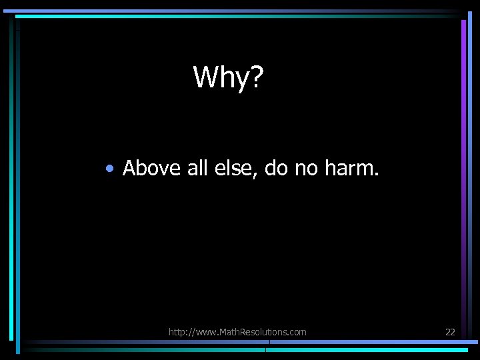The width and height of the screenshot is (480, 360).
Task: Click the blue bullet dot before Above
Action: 109,169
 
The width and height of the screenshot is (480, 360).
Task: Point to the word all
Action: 197,168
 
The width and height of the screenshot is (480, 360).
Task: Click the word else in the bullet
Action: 235,168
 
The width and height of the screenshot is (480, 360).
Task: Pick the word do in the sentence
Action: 275,168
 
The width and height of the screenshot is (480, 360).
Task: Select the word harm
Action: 352,168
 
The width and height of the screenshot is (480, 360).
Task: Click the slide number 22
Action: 450,332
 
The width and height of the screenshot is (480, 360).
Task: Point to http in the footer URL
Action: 178,332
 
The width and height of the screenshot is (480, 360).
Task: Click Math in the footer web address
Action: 227,332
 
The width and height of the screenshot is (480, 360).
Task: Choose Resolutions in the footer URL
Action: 263,332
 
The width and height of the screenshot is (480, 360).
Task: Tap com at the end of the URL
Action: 298,332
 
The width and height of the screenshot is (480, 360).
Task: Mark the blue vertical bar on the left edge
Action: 11,180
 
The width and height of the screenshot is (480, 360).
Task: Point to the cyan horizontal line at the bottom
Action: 373,349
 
